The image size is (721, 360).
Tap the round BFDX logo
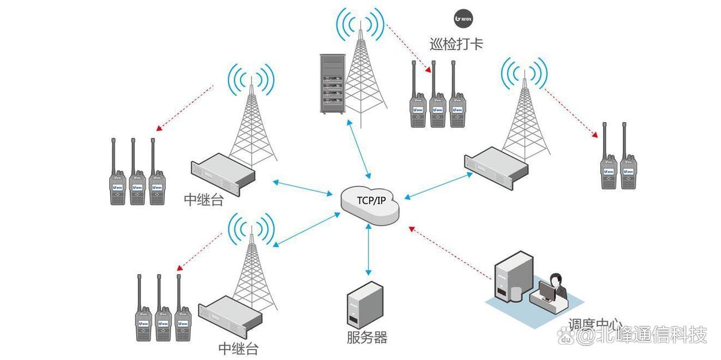point(464,18)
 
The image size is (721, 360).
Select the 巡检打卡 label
point(456,44)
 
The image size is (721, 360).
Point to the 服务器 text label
point(367,337)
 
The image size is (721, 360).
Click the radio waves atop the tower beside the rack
point(360,26)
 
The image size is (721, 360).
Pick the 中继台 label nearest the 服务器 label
point(238,348)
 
